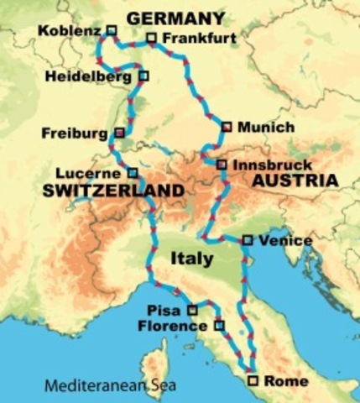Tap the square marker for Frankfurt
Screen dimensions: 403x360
click(151, 38)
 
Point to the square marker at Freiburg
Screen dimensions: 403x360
click(120, 133)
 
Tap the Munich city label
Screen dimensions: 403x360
click(266, 128)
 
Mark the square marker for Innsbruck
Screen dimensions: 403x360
click(222, 165)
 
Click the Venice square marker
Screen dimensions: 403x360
click(247, 240)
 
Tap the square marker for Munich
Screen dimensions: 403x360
click(226, 128)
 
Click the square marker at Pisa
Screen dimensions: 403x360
click(192, 309)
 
